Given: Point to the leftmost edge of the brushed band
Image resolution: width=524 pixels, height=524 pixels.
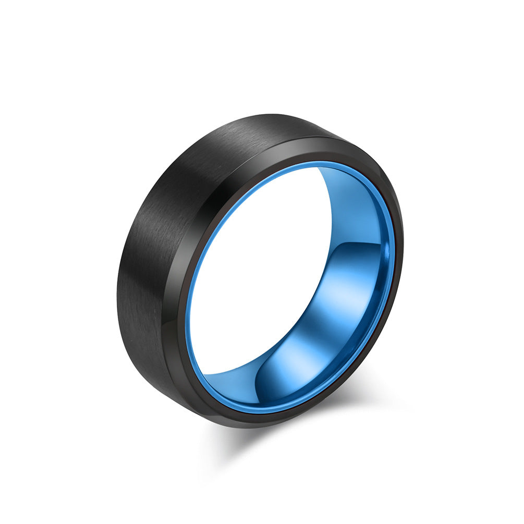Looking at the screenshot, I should (x=118, y=292).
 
